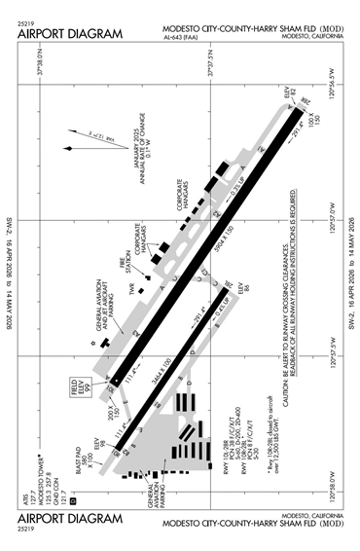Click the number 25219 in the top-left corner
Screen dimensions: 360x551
[x=27, y=18]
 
